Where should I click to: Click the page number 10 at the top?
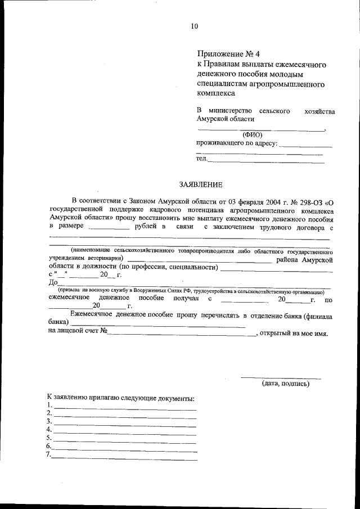pyautogui.click(x=195, y=26)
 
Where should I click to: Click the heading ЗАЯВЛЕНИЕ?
pyautogui.click(x=201, y=184)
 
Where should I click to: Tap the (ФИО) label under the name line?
pyautogui.click(x=252, y=135)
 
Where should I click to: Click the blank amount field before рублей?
pyautogui.click(x=109, y=228)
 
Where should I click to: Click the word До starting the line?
pyautogui.click(x=54, y=283)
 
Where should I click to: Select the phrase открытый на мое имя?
pyautogui.click(x=293, y=333)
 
